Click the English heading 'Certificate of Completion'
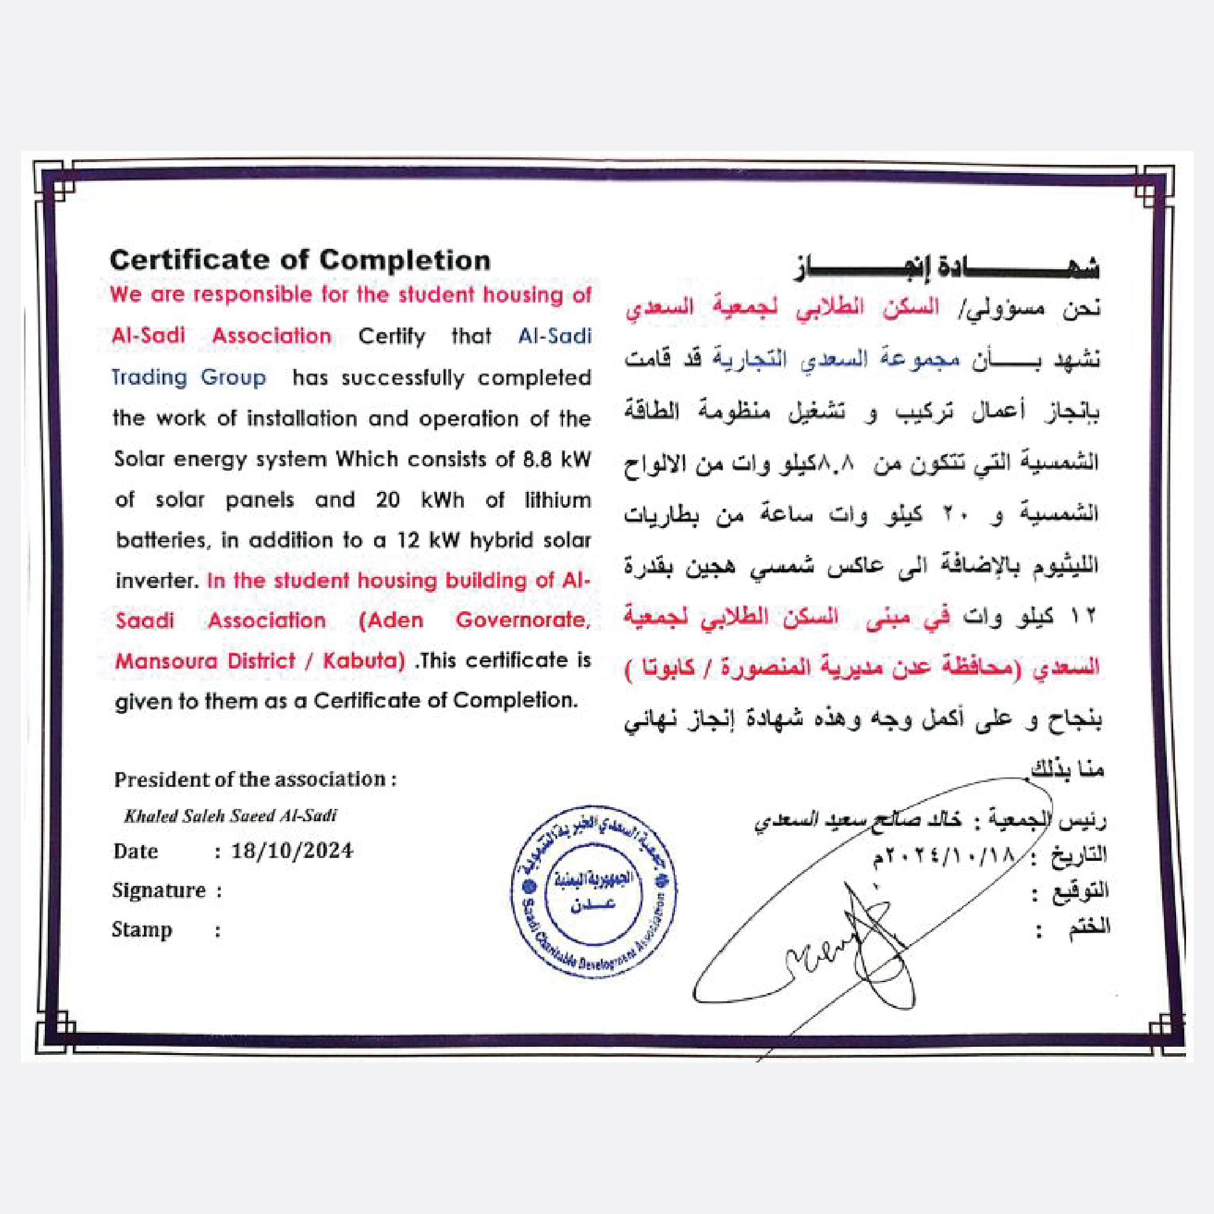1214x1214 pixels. point(300,260)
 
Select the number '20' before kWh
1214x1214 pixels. point(388,500)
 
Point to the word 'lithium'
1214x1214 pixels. point(557,500)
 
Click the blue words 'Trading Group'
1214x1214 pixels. point(188,378)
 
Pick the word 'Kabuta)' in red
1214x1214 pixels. point(364,661)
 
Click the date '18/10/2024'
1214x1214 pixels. point(292,851)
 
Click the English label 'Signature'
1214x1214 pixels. point(159,891)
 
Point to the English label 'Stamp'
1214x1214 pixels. point(142,930)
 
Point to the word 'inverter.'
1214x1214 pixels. point(157,580)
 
